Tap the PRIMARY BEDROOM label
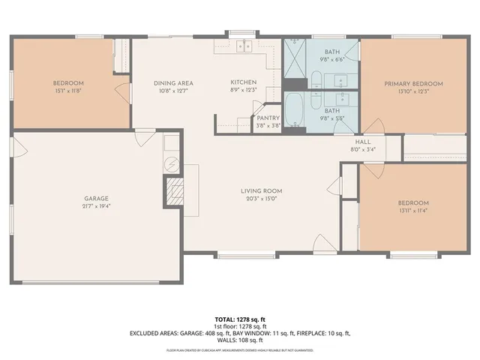(x=413, y=84)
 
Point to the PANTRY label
(x=268, y=118)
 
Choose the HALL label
(x=363, y=141)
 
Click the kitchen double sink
(x=243, y=46)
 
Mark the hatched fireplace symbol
(x=174, y=190)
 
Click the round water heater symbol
(x=171, y=163)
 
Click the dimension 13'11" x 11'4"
(x=413, y=211)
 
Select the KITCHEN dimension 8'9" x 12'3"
(x=244, y=91)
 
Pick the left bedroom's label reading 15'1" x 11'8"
(x=67, y=91)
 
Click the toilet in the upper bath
(x=316, y=79)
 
